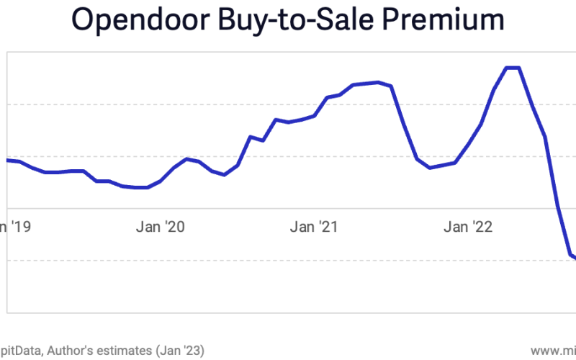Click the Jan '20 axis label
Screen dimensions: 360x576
pyautogui.click(x=161, y=228)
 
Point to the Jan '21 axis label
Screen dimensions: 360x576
pyautogui.click(x=315, y=228)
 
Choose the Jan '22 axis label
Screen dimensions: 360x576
pyautogui.click(x=468, y=228)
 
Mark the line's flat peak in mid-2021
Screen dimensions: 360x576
pyautogui.click(x=377, y=83)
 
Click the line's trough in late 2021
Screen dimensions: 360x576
pyautogui.click(x=430, y=168)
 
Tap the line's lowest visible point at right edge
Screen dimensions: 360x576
pyautogui.click(x=574, y=258)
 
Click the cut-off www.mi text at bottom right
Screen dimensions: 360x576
pyautogui.click(x=554, y=350)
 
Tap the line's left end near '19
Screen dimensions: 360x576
pyautogui.click(x=9, y=160)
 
